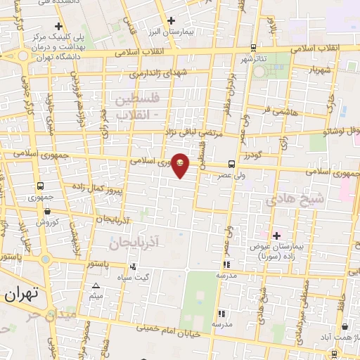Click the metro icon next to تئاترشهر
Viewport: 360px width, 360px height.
[x=253, y=48]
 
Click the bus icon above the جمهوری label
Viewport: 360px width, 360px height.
[x=41, y=187]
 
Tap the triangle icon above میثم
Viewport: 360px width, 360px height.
[x=96, y=285]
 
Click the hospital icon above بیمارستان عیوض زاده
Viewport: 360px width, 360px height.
[x=276, y=235]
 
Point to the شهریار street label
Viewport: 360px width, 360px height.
[x=319, y=70]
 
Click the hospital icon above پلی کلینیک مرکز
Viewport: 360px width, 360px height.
[x=58, y=27]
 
